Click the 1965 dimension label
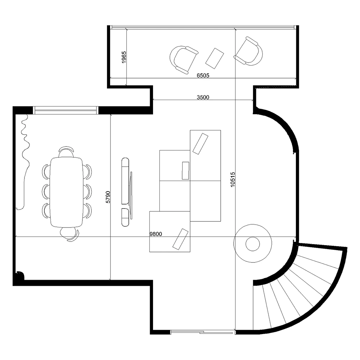123,58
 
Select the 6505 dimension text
203,76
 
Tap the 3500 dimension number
203,97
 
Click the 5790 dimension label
108,197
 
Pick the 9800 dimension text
156,234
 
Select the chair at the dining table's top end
66,152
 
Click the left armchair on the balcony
183,59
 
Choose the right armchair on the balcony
249,51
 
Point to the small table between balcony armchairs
215,58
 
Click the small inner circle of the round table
252,244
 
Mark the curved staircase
299,288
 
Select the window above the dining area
66,110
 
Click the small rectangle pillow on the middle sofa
186,170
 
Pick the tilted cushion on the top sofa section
200,143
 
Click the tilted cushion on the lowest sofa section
180,239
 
